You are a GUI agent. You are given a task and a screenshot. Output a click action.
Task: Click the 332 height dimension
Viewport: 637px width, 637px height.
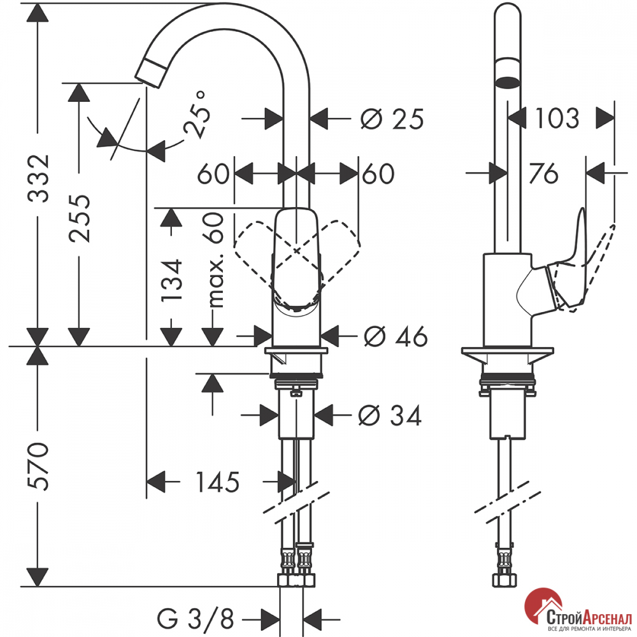point(39,178)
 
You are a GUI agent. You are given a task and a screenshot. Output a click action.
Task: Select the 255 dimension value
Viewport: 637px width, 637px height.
point(80,218)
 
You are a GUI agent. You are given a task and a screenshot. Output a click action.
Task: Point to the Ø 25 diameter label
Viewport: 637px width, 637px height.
point(392,118)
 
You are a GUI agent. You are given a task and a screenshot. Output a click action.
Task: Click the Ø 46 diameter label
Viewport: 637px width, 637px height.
point(396,336)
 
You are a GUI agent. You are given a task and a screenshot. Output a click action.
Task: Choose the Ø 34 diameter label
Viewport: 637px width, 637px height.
point(390,415)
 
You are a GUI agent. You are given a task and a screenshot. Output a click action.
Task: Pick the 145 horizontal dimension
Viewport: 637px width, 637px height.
point(217,482)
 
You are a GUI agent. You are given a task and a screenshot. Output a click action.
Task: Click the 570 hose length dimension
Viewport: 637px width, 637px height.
point(39,466)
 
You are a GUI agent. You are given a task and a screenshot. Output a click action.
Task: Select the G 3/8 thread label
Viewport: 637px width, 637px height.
point(196,619)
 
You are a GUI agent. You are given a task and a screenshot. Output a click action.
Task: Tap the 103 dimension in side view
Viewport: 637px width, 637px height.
point(557,118)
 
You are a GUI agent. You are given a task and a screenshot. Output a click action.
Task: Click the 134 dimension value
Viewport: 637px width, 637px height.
point(172,280)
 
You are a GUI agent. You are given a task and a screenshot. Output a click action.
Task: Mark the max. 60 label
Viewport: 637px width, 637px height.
point(215,260)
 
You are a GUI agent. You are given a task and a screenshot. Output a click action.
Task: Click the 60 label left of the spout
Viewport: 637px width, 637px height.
point(213,174)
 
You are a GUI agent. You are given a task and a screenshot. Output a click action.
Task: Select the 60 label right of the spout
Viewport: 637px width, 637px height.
point(378,174)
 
